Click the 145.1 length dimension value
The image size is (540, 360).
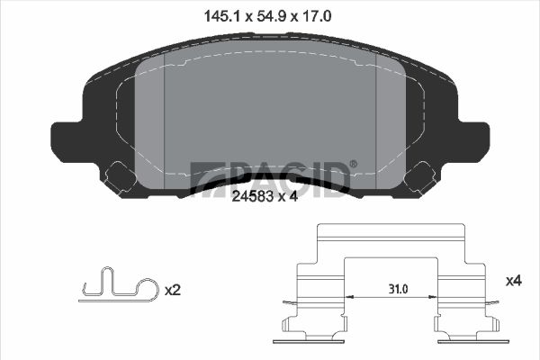point(221,16)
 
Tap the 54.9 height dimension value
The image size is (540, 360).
point(272,16)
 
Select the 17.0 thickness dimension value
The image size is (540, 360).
point(317,16)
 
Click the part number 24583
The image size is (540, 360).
point(252,197)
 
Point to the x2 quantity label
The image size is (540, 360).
point(172,291)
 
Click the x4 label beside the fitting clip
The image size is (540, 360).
point(514,281)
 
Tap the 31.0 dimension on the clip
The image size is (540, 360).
point(398,289)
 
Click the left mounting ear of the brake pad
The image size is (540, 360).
point(67,141)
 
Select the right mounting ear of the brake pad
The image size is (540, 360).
point(473,141)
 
